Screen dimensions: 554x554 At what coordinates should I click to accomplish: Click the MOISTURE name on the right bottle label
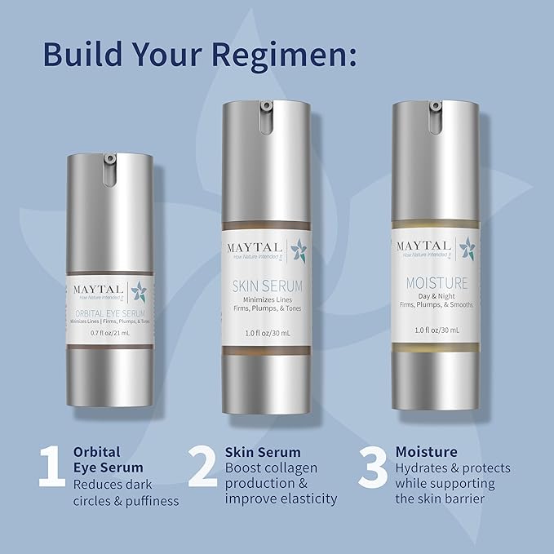[x=431, y=284]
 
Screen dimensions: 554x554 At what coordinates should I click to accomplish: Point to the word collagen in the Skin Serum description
[x=299, y=468]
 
